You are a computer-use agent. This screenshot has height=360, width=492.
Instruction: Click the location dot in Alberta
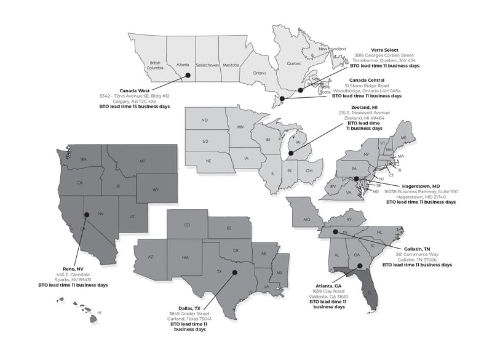[x=188, y=75]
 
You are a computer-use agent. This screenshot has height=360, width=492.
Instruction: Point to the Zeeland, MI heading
[x=360, y=107]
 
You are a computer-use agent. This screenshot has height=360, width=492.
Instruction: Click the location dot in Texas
[x=234, y=272]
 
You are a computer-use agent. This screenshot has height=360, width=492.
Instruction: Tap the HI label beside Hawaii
[x=100, y=313]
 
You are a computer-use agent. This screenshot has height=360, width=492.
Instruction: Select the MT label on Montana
[x=141, y=161]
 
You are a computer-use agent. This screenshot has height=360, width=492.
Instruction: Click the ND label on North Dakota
[x=204, y=120]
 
